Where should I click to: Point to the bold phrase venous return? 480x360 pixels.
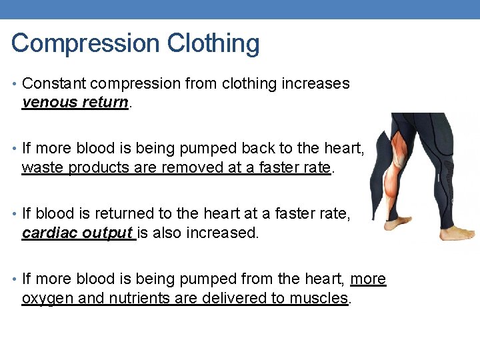(x=74, y=103)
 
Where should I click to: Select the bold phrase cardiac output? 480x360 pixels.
(x=78, y=233)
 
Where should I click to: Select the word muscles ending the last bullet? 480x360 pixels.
(x=319, y=298)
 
